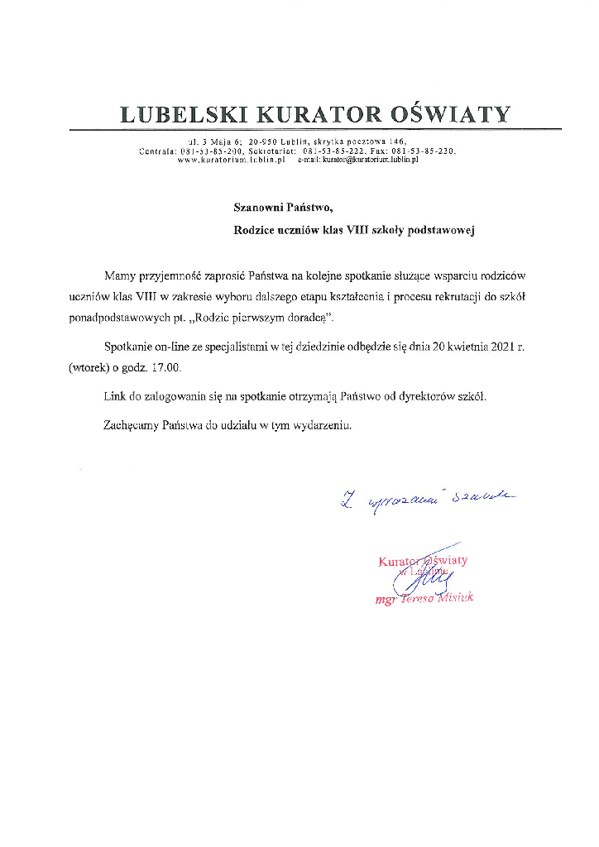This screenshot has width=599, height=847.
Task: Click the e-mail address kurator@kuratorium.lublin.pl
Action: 366,160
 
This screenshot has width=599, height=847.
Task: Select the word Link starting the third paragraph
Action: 114,396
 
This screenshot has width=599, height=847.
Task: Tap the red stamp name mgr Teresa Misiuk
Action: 424,598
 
